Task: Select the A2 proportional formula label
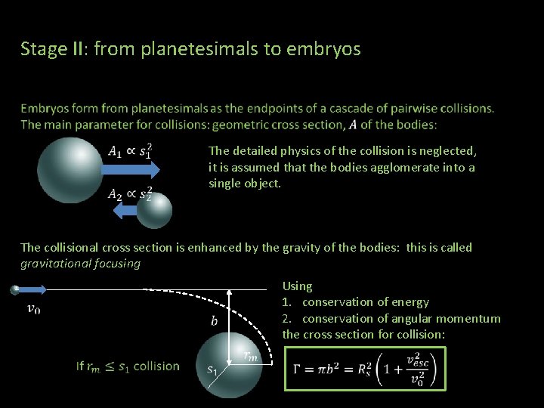point(130,194)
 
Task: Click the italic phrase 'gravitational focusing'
point(81,264)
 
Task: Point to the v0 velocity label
point(34,308)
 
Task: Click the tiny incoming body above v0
point(15,289)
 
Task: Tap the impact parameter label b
point(215,321)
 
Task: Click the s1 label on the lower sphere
point(213,370)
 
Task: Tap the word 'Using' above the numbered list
point(297,286)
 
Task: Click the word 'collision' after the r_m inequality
point(156,366)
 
